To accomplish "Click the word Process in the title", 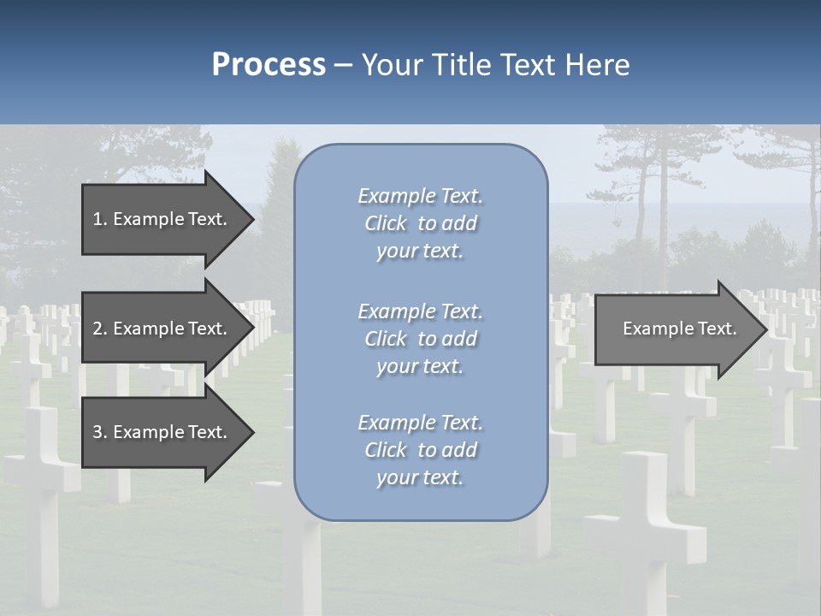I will (269, 65).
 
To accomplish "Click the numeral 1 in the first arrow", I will (97, 219).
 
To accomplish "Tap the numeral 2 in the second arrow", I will (97, 329).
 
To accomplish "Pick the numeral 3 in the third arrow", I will (97, 433).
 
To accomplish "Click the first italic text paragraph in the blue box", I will (420, 223).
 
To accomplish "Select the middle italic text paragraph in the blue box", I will (420, 339).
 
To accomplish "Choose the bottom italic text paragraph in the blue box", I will (420, 450).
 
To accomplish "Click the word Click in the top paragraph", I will (386, 223).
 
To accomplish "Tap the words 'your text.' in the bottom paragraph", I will (420, 477).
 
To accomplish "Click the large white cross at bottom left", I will (39, 479).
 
